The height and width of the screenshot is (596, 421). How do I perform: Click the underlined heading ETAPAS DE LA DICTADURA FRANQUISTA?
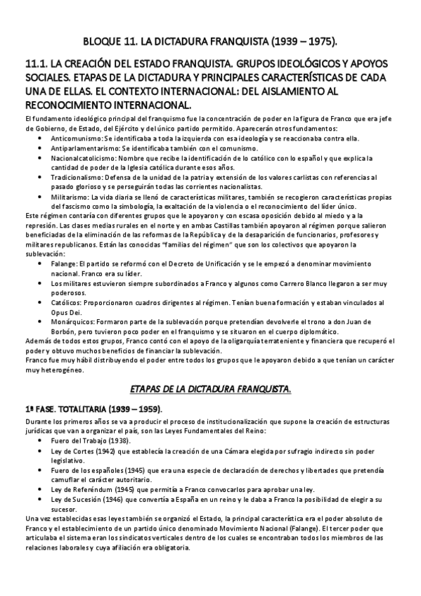coord(210,388)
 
